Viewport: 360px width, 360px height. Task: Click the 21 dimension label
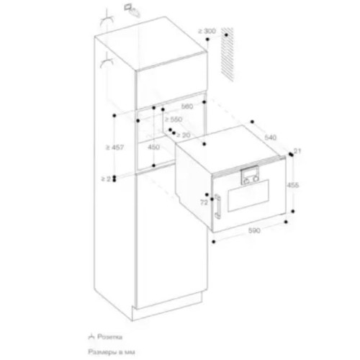299,150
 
